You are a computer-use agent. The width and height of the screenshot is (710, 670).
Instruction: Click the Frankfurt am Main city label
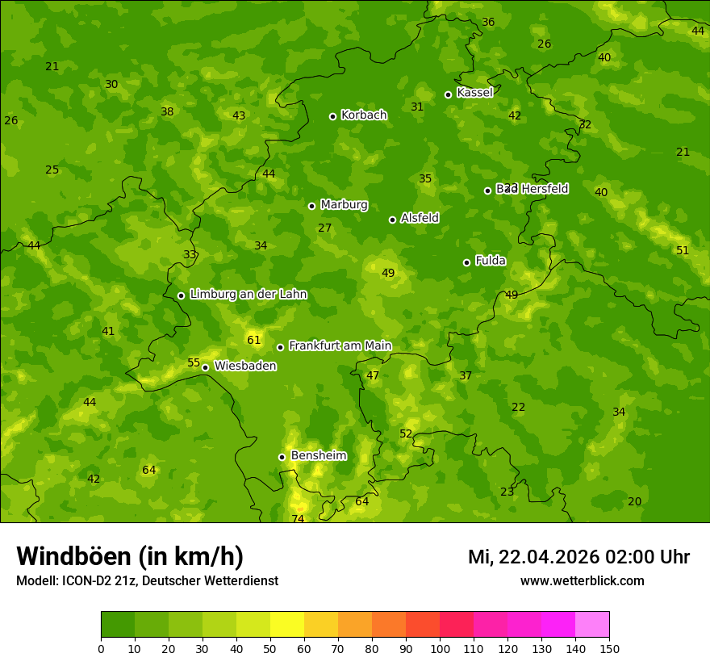coord(340,345)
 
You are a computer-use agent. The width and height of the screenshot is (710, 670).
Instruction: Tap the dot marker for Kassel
coord(449,94)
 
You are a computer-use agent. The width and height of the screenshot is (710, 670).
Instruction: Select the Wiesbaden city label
coord(244,366)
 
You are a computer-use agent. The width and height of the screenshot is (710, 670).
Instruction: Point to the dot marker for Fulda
coord(466,262)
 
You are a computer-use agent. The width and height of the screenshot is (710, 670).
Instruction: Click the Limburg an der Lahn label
coord(248,295)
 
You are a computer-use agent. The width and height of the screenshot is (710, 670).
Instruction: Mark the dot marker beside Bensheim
coord(282,457)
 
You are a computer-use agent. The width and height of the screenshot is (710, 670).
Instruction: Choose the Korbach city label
coord(364,115)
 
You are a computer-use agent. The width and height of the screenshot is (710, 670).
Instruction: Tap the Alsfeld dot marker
coord(392,220)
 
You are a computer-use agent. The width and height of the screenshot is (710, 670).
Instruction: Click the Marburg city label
coord(344,205)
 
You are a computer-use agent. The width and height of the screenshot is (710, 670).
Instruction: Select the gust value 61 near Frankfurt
coord(254,340)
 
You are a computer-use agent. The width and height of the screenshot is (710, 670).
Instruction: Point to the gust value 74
coord(299,518)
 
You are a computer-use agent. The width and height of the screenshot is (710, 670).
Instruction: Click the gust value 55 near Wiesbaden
coord(194,362)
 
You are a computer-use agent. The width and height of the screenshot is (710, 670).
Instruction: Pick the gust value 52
coord(406,433)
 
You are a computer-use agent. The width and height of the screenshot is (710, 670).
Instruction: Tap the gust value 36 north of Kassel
coord(488,22)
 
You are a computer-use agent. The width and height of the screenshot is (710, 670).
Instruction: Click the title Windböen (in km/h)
coord(130,556)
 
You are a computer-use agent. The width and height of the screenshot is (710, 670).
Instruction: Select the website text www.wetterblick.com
coord(582,581)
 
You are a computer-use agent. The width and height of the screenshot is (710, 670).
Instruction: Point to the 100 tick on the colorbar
coord(440,648)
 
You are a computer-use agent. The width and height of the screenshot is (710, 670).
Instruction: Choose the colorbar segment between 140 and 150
coord(592,625)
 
